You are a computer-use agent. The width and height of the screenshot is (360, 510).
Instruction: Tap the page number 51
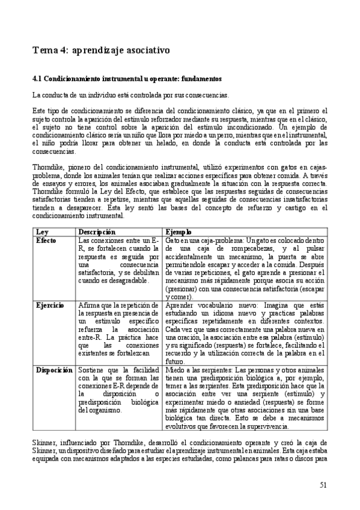(x=324, y=485)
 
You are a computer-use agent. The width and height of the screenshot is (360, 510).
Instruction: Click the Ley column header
(x=42, y=232)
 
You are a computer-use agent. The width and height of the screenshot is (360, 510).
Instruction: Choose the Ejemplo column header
(x=178, y=232)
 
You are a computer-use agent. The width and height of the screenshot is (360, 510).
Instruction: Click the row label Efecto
(x=46, y=239)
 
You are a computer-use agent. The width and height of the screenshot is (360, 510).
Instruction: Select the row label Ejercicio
(x=50, y=306)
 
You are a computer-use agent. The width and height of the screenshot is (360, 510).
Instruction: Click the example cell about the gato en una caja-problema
(x=245, y=268)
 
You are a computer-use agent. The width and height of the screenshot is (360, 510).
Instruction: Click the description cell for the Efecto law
(x=119, y=260)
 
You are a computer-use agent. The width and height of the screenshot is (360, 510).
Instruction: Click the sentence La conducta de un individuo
(x=130, y=95)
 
